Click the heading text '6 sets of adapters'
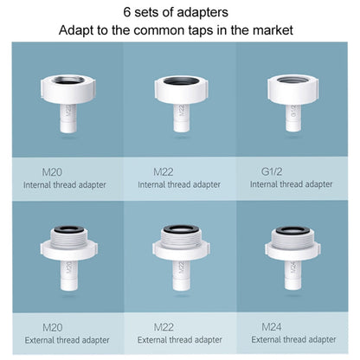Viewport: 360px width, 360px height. coord(179,13)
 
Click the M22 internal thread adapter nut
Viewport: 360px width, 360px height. coord(181,87)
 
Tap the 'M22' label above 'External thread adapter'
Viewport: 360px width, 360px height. coord(164,326)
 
